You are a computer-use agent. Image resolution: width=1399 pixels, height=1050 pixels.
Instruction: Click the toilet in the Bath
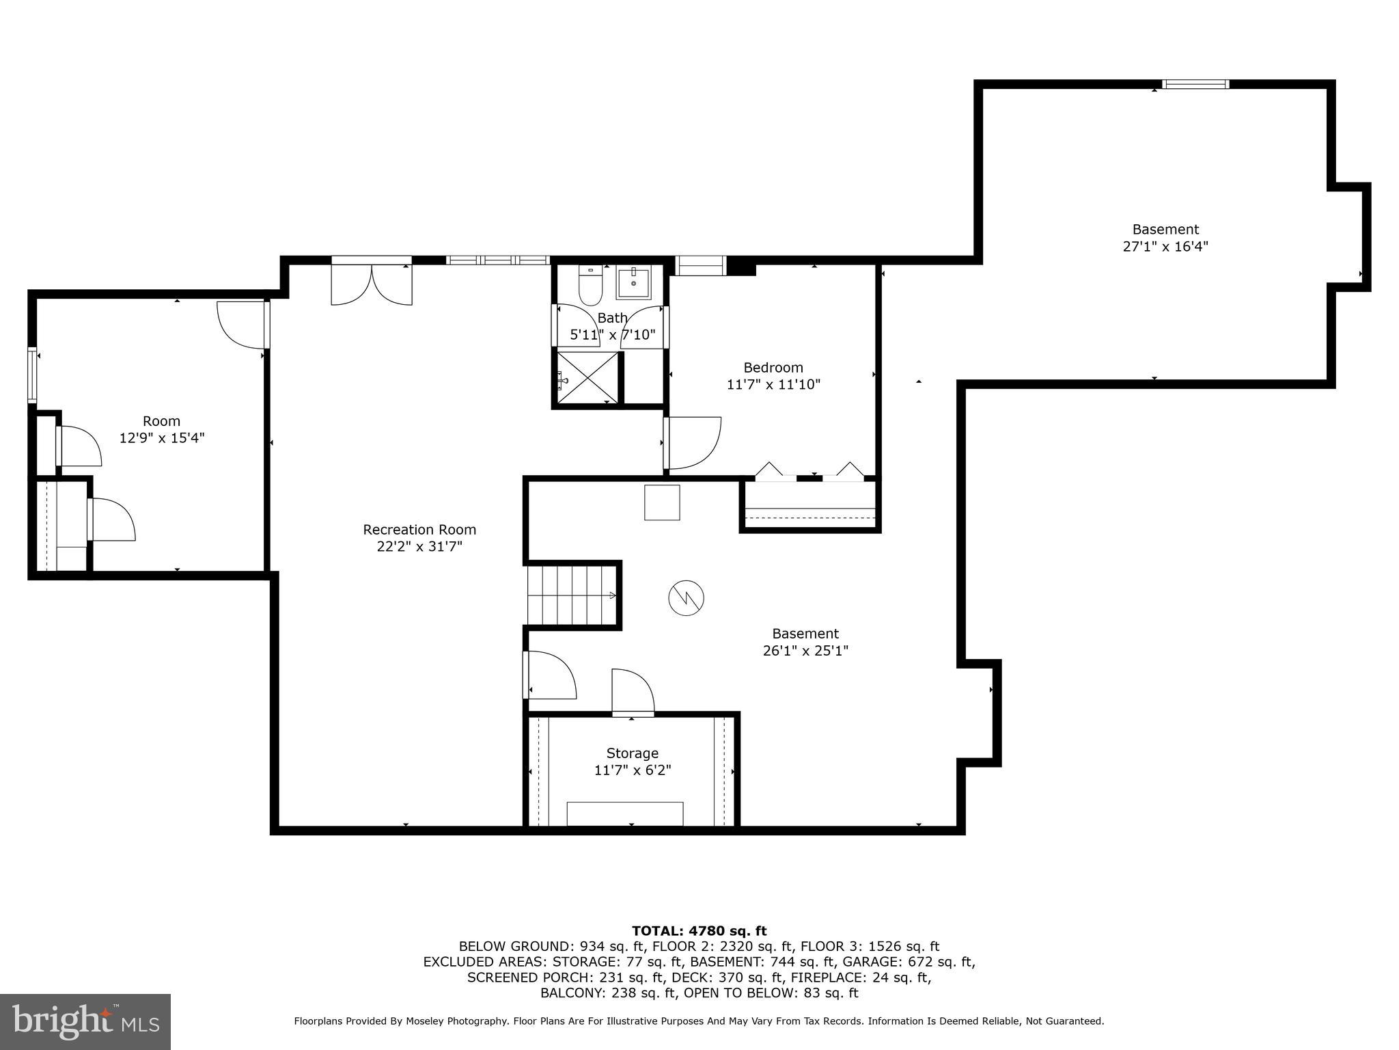(590, 286)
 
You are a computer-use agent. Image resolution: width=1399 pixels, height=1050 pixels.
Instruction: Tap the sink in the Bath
(633, 282)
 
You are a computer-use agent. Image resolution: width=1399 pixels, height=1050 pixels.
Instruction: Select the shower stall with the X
(587, 378)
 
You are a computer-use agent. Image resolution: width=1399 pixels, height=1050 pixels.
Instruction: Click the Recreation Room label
(419, 530)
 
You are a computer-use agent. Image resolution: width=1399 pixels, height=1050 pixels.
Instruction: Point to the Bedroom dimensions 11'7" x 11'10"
(773, 385)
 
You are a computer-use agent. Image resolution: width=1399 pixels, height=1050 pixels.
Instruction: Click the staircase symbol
(571, 594)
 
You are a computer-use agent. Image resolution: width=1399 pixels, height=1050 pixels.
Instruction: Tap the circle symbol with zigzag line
(686, 598)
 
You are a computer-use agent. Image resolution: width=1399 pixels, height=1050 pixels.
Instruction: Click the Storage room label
(633, 753)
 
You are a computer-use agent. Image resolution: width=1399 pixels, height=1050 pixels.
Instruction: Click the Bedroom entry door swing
(693, 443)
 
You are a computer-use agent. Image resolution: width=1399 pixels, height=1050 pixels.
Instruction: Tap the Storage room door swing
(633, 692)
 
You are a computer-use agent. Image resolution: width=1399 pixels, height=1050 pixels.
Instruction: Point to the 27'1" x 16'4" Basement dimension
(1165, 247)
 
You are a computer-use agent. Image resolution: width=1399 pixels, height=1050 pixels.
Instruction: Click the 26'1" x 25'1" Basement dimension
(805, 651)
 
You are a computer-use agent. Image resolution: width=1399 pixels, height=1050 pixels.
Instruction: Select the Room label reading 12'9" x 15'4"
(162, 438)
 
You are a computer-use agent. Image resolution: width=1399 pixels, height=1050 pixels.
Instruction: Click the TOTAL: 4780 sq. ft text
(699, 931)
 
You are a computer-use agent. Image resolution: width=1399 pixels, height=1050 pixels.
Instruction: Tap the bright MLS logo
(85, 1021)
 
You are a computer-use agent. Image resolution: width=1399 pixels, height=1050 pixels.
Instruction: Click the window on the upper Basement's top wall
(1195, 85)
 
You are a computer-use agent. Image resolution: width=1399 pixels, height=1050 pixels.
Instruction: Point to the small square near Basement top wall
(662, 502)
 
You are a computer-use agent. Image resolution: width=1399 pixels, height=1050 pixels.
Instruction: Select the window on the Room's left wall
(32, 375)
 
